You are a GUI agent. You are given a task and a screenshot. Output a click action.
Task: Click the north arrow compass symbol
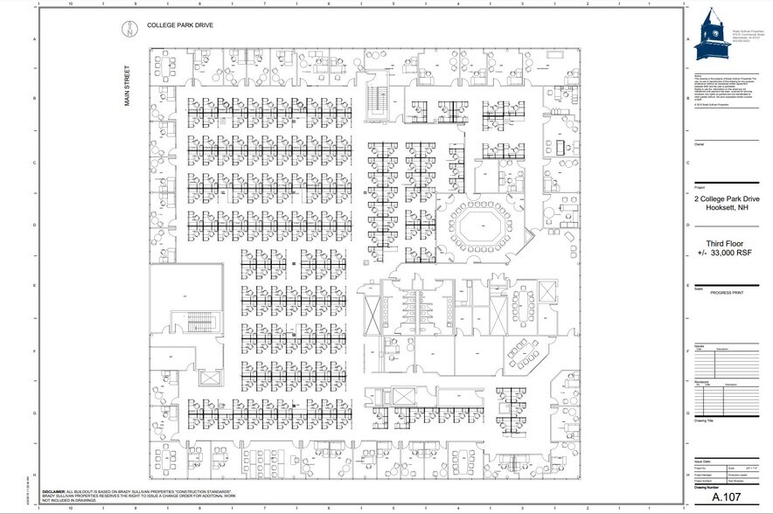(128, 29)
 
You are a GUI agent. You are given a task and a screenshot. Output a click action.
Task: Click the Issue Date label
(702, 459)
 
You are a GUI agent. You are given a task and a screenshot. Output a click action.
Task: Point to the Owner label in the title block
(699, 142)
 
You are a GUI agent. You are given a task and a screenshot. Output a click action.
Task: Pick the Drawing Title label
(705, 420)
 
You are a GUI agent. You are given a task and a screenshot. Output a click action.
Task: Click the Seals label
(698, 285)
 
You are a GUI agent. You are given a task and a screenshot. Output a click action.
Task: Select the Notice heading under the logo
(698, 75)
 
